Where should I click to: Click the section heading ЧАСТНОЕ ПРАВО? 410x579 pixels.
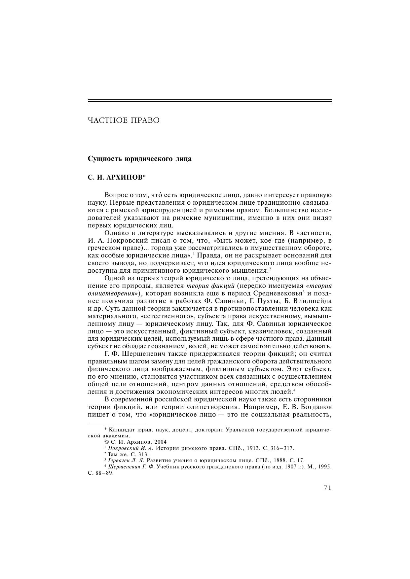click(x=124, y=120)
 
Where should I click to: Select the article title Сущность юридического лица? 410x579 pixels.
click(x=139, y=159)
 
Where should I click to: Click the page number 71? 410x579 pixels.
click(x=327, y=488)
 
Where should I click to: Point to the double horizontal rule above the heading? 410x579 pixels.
click(x=209, y=102)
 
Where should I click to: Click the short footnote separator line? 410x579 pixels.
click(x=117, y=423)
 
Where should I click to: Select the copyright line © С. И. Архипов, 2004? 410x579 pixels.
click(x=135, y=442)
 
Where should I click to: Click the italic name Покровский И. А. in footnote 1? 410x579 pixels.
click(x=131, y=448)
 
